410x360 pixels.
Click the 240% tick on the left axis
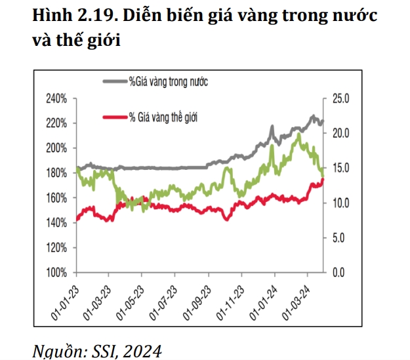56,99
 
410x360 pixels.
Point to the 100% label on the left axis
56,273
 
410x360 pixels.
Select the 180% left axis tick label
56,173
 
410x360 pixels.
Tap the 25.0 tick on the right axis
340,99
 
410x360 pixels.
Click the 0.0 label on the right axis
338,273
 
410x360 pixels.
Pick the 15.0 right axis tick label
340,168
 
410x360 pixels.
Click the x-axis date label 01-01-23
65,303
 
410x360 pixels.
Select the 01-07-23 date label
163,303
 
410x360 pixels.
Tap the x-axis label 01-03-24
296,303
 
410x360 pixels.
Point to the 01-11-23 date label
230,303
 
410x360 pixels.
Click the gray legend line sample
115,81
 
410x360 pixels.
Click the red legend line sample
115,117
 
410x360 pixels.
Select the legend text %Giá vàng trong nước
169,81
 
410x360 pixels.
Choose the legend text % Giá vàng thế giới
163,117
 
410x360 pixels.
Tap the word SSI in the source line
103,351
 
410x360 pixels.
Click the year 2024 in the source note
142,351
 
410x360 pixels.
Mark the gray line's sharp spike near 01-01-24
272,127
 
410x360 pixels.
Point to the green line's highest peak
299,134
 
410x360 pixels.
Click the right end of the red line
323,180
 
